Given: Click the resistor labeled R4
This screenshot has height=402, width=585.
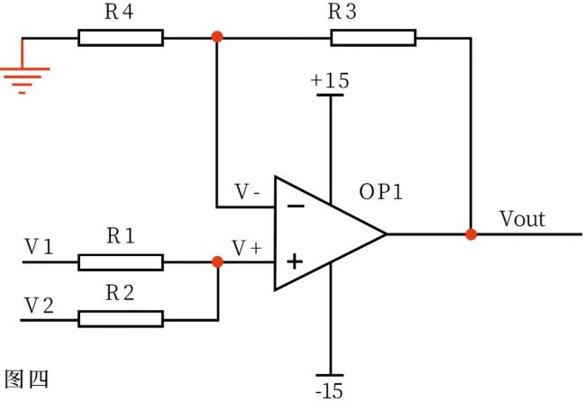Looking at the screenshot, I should click(x=121, y=38).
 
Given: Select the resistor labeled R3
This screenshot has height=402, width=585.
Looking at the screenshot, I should click(x=373, y=38).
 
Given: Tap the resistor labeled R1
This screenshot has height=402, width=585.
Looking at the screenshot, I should click(x=121, y=262).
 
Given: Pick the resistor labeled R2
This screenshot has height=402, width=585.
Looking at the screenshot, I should click(x=121, y=318).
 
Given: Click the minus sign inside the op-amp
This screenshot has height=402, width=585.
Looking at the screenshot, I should click(x=295, y=206).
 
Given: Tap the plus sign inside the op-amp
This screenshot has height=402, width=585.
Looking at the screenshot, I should click(x=295, y=262).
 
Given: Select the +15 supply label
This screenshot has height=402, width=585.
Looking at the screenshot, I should click(x=330, y=81).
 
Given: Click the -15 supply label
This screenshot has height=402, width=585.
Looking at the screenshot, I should click(x=330, y=390).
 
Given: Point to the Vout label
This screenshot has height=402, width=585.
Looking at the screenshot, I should click(x=522, y=219).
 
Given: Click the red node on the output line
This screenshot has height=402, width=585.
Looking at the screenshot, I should click(x=471, y=234).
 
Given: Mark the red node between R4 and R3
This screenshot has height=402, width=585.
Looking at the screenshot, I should click(x=216, y=38).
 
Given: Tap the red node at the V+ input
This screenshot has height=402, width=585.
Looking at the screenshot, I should click(x=217, y=262).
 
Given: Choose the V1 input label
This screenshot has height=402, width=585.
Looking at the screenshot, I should click(x=38, y=246).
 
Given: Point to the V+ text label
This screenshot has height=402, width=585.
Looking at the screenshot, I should click(x=246, y=247).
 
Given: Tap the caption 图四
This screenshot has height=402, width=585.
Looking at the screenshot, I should click(x=26, y=379).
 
